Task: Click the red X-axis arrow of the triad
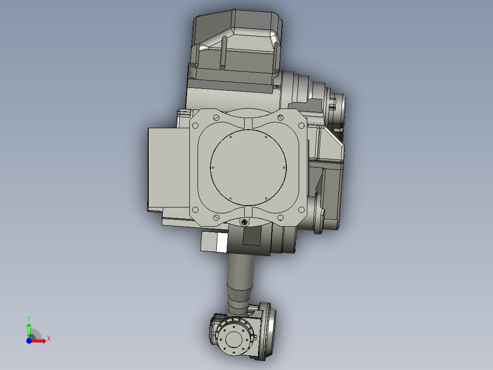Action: pyautogui.click(x=40, y=340)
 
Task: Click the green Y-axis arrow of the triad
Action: pyautogui.click(x=29, y=328)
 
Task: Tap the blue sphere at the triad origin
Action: pyautogui.click(x=29, y=341)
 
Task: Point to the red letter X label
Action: pyautogui.click(x=48, y=339)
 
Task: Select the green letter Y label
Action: pyautogui.click(x=28, y=317)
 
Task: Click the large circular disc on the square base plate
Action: pyautogui.click(x=248, y=167)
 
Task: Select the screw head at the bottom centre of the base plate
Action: pyautogui.click(x=245, y=223)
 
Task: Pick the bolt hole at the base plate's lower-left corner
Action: pyautogui.click(x=195, y=210)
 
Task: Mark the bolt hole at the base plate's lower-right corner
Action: pyautogui.click(x=301, y=210)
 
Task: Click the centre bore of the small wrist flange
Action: pyautogui.click(x=235, y=340)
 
